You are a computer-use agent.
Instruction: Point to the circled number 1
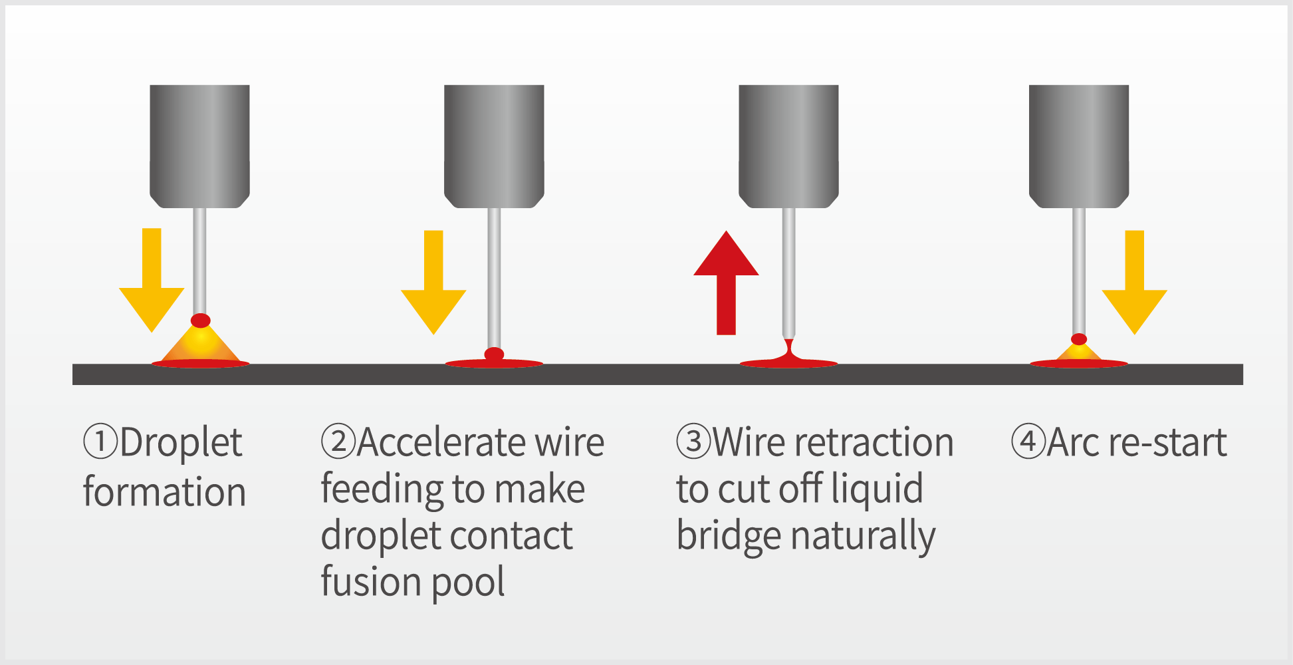click(100, 442)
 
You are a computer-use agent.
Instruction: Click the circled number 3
click(693, 442)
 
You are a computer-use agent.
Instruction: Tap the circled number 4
click(1028, 442)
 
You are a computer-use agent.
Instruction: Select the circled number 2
click(338, 442)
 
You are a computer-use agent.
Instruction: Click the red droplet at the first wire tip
click(201, 321)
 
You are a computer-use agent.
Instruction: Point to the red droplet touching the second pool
click(494, 354)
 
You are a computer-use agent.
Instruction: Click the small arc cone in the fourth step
click(1078, 352)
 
